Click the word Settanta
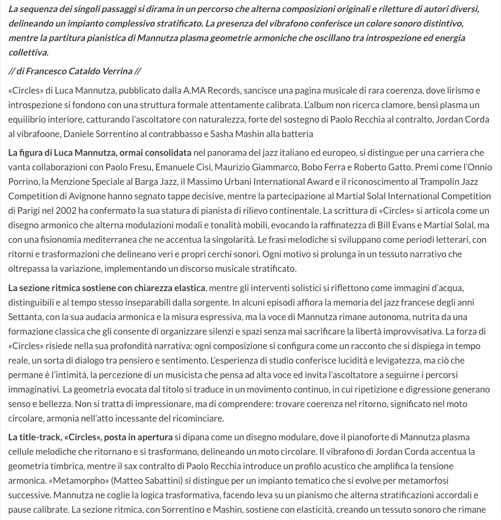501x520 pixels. pyautogui.click(x=25, y=316)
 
